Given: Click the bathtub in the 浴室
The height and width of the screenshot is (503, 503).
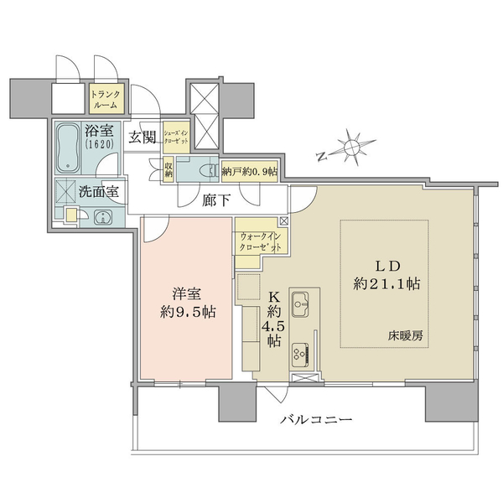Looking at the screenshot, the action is [x=68, y=148].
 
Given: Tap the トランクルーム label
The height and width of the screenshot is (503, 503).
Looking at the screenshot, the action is [x=106, y=100].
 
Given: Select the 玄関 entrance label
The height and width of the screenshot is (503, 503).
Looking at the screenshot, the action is [x=143, y=137].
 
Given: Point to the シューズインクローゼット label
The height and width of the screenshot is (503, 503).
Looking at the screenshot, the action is [x=176, y=137].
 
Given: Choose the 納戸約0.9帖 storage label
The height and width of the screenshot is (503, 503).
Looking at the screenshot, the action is [x=250, y=172].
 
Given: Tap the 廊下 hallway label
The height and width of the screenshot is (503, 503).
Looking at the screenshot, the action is [x=216, y=200].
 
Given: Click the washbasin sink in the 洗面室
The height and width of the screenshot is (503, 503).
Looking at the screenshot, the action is [x=102, y=217].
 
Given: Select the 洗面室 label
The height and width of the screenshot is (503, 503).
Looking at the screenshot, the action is [x=99, y=192].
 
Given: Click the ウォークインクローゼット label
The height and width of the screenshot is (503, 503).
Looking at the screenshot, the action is [x=261, y=242].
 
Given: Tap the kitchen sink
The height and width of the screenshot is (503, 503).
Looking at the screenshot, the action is [x=300, y=304].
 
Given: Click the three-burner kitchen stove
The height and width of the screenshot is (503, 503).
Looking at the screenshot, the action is [x=301, y=355].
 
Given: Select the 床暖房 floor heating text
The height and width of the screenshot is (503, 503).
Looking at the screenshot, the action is [x=405, y=336].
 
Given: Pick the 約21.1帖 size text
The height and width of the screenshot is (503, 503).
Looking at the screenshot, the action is [x=386, y=283].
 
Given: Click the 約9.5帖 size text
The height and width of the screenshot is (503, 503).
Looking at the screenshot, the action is [x=188, y=312].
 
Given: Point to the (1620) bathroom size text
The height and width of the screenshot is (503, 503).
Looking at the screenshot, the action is [x=100, y=144].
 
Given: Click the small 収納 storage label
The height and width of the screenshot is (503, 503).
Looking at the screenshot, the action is [x=169, y=169].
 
